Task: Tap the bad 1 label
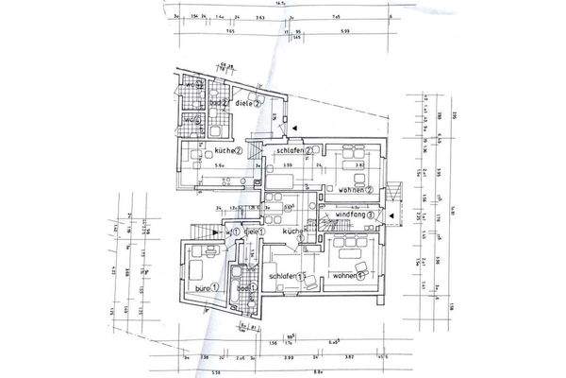(244, 288)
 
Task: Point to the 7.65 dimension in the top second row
(232, 30)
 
